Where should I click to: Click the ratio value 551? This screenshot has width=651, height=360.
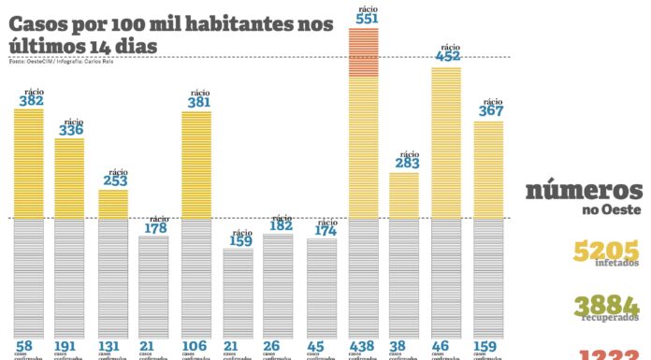363,18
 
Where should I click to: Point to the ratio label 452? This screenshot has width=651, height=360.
446,56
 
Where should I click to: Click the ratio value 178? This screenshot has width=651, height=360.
154,227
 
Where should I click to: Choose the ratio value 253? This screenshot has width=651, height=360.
112,181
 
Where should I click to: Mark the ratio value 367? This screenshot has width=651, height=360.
488,110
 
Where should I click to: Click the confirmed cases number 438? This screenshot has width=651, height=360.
363,346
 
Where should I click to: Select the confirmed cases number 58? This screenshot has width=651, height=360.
24,346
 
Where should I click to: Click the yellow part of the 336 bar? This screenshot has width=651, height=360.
69,178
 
